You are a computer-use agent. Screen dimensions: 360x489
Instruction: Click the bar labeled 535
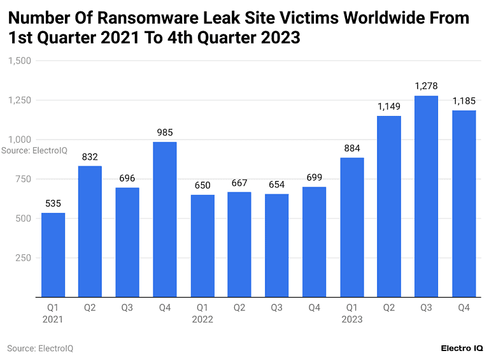coord(53,255)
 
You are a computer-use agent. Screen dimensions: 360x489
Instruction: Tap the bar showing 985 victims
coord(165,219)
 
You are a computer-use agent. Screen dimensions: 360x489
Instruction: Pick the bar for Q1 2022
coord(202,245)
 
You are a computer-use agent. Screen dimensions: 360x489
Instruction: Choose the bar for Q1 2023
coord(352,227)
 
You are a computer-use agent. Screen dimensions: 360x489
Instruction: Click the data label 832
coord(90,157)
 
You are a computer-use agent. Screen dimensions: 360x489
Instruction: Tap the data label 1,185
coord(464,101)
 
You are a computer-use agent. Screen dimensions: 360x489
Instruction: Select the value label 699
coord(315,177)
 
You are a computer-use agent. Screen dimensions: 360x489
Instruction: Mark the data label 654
coord(277,184)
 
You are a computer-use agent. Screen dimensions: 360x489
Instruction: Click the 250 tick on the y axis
coord(24,257)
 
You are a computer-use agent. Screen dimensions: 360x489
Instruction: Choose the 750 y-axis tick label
coord(24,179)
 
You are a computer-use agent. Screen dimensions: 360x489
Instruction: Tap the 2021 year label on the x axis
coord(53,319)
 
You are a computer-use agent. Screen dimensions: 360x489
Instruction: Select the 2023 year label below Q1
coord(352,319)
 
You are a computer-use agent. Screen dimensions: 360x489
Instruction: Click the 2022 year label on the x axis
coord(202,319)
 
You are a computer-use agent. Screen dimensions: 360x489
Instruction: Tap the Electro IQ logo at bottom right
coord(462,349)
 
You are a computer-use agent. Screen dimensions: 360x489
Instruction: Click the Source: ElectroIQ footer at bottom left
coord(41,349)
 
